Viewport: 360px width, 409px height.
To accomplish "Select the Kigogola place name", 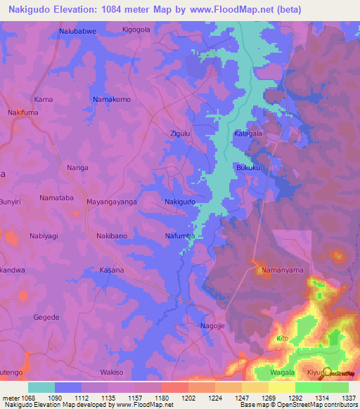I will point(136,30).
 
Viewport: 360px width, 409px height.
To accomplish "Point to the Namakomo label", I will point(112,100).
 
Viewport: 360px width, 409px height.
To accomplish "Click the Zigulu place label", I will point(181,132).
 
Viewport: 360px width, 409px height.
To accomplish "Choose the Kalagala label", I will point(248,133).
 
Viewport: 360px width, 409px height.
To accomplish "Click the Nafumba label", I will point(180,236).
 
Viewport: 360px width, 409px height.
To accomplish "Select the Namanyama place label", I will point(282,270).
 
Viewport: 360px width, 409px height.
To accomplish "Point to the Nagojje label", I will point(213,326).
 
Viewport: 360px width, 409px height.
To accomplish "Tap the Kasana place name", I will point(112,270).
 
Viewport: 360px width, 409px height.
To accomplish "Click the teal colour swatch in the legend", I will point(41,387).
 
